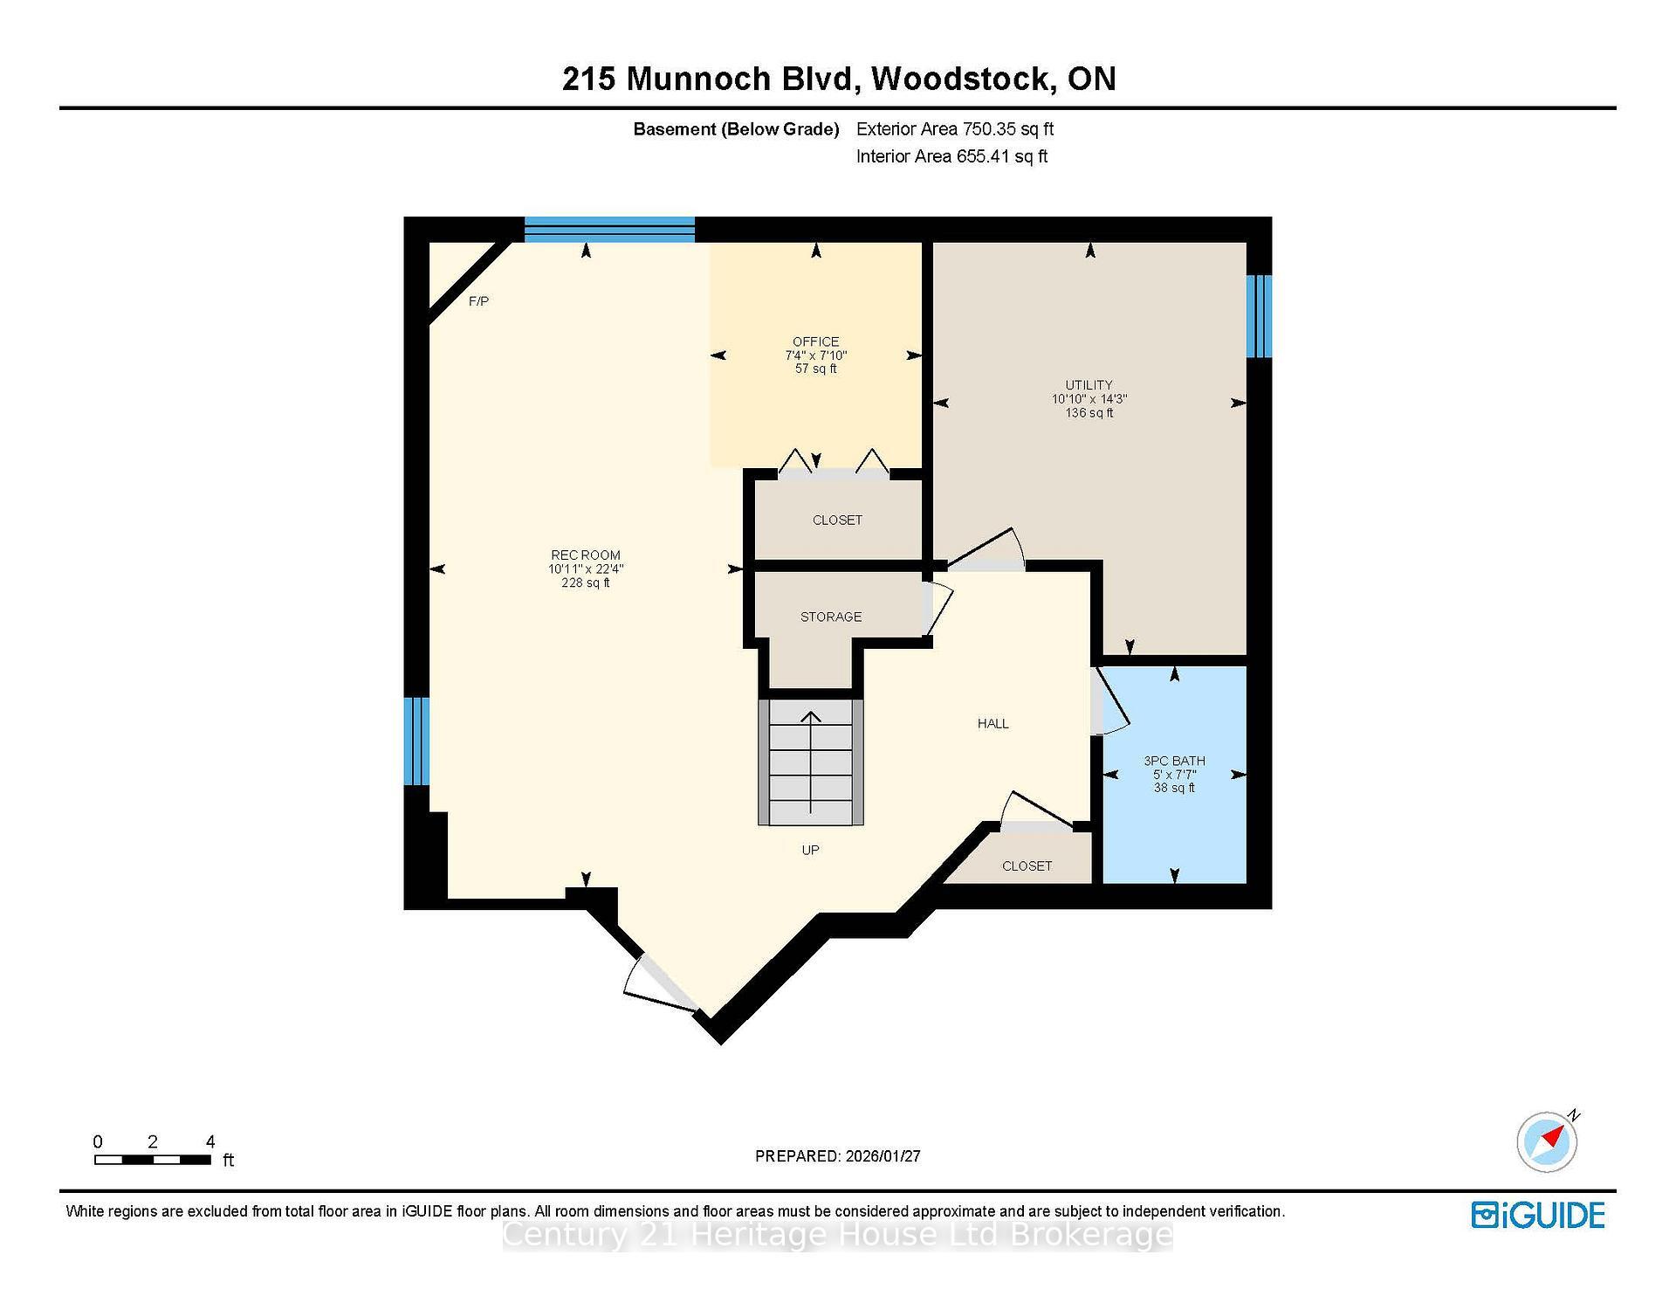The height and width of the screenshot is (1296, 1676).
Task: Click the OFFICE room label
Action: point(815,341)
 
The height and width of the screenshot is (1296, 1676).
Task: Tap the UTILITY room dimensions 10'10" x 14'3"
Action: point(1089,399)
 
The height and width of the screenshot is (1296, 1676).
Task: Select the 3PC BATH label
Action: point(1174,761)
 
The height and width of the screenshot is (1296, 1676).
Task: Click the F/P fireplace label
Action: point(478,301)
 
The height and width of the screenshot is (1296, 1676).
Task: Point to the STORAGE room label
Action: point(830,617)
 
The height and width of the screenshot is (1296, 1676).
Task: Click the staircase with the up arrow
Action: point(810,762)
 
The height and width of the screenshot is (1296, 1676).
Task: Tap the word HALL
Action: point(993,723)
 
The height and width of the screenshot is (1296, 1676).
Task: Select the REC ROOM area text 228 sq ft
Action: point(585,583)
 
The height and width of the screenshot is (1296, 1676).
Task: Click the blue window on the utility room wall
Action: point(1258,316)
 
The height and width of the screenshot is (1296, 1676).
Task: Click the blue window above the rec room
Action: point(609,229)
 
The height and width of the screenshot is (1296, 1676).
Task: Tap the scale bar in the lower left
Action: point(153,1160)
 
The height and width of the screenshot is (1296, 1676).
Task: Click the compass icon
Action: point(1547,1141)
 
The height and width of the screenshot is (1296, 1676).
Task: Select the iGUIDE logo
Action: point(1537,1215)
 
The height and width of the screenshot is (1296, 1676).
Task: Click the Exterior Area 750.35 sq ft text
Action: point(954,129)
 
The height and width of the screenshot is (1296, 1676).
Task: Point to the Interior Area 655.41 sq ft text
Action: point(951,156)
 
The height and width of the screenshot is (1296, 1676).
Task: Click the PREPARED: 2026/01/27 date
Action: point(837,1156)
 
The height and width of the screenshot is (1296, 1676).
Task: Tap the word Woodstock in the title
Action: point(961,79)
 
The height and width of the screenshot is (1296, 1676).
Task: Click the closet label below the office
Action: point(836,520)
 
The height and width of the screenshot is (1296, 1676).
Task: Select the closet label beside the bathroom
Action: point(1027,865)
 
